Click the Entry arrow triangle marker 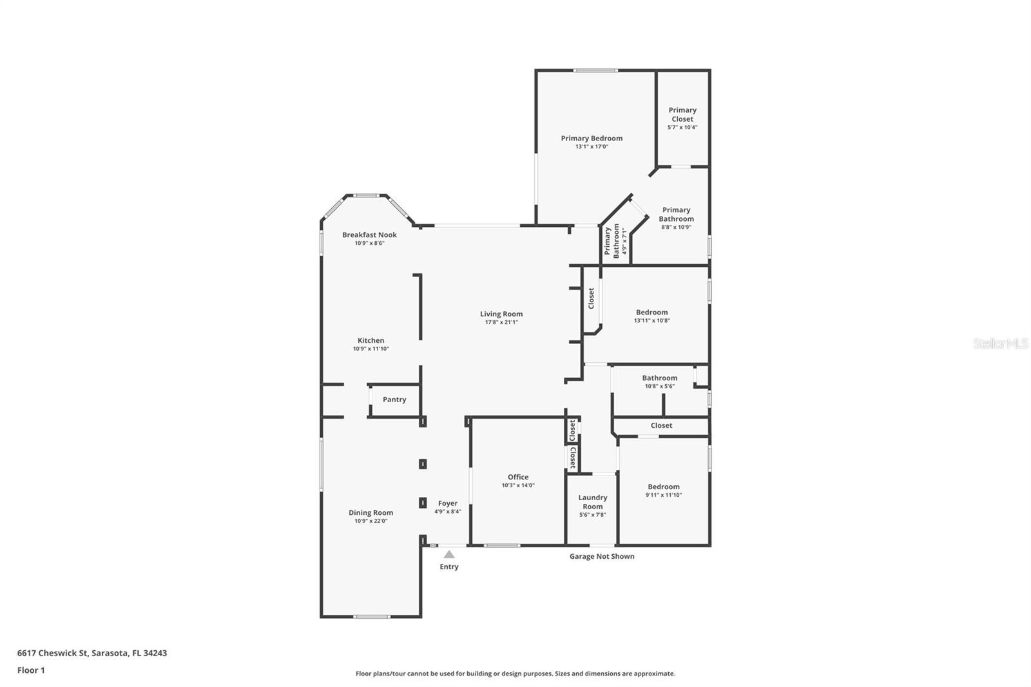click(x=449, y=554)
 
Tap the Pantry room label click(x=394, y=399)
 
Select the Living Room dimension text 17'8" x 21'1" click(x=501, y=322)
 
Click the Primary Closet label click(x=682, y=114)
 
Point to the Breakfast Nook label click(x=369, y=235)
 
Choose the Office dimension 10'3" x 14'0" click(x=518, y=485)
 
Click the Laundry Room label click(x=592, y=502)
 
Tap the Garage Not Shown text click(x=602, y=556)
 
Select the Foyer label click(x=447, y=503)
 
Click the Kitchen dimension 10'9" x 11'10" click(x=371, y=349)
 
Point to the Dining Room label click(x=371, y=512)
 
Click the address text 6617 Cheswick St click(x=52, y=653)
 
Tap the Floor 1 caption click(x=31, y=670)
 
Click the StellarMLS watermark click(x=1001, y=343)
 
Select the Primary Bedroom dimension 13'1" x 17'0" click(x=592, y=147)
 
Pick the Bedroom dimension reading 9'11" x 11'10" click(x=663, y=496)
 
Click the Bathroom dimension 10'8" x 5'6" click(x=660, y=386)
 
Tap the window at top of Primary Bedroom click(x=595, y=70)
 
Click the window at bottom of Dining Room click(x=372, y=617)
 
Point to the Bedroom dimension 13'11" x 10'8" click(x=651, y=320)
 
